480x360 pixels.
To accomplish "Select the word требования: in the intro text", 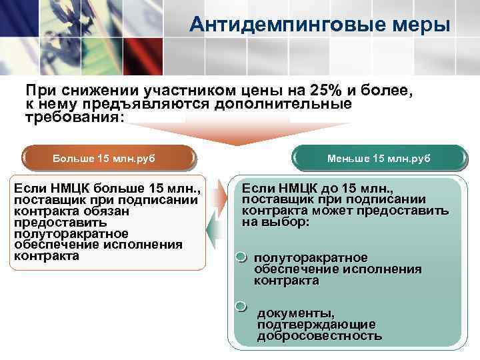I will click(74, 116).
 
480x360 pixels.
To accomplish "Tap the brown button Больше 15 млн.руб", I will click(108, 159).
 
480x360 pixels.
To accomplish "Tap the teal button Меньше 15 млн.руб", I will click(379, 159).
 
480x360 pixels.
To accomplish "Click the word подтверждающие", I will click(316, 324).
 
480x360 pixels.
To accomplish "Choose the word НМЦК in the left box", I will click(67, 189).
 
